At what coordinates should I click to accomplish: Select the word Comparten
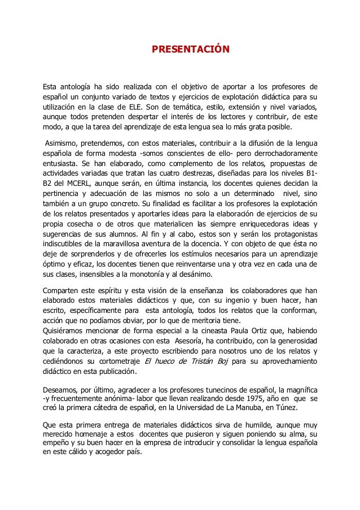63,289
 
